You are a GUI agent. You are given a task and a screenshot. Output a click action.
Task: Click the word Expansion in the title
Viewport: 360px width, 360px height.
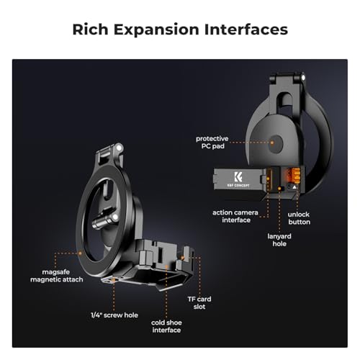[x=156, y=30]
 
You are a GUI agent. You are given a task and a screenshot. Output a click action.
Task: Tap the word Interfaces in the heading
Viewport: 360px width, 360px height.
[x=246, y=30]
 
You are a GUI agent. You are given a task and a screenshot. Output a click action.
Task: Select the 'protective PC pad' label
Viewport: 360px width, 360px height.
[x=212, y=143]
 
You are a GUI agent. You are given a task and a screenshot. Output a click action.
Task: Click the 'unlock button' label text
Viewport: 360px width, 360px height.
[x=299, y=218]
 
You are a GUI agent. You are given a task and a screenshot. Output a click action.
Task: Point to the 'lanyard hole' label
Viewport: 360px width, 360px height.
[x=279, y=240]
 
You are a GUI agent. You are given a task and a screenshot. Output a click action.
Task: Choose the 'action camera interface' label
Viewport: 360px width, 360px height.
[x=235, y=216]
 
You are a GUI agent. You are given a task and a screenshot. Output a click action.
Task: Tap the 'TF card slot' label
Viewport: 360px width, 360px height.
[x=199, y=303]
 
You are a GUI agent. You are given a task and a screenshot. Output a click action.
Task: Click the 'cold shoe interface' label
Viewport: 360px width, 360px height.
[x=166, y=326]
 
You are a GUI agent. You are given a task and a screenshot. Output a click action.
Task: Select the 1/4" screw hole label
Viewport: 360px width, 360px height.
[x=114, y=315]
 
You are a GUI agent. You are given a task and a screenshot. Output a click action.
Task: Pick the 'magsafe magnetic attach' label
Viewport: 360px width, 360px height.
[x=57, y=276]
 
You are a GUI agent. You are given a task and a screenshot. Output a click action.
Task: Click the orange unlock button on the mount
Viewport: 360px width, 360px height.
[x=295, y=176]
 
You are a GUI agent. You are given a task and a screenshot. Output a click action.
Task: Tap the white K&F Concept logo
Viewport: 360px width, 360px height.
[x=238, y=180]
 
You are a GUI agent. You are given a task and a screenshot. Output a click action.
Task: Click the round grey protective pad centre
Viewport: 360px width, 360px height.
[x=276, y=144]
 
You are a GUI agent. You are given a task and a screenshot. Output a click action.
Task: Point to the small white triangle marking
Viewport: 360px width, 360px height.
[x=294, y=187]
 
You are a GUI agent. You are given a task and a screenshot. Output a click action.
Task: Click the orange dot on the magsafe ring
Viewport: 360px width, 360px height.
[x=81, y=253]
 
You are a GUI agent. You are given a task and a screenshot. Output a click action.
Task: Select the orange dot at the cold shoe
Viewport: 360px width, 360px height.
[x=166, y=266]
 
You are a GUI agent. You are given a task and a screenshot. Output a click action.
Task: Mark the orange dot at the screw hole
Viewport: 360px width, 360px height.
[x=114, y=280]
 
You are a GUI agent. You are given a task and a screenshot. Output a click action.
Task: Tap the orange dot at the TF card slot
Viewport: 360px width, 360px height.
[x=183, y=258]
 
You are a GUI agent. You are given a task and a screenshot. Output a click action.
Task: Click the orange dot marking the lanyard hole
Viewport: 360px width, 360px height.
[x=279, y=189]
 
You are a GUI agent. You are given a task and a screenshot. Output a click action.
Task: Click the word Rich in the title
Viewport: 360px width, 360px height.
[x=90, y=30]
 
